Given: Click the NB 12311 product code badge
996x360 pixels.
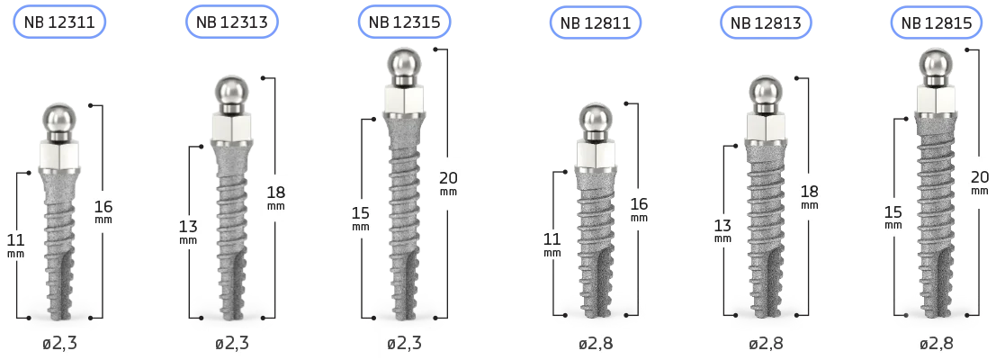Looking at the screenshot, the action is (x=59, y=22).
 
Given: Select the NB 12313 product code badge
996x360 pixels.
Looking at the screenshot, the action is (x=232, y=22).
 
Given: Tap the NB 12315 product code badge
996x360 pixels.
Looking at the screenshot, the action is (x=404, y=22).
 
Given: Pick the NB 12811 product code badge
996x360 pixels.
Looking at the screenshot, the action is (x=596, y=22).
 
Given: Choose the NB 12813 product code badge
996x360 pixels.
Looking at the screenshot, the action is (x=766, y=22).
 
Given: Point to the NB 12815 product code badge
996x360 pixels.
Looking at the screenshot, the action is (x=937, y=22).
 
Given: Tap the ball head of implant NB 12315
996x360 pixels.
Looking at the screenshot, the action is (x=404, y=65).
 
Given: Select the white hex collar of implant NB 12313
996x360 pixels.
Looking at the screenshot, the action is (x=231, y=127).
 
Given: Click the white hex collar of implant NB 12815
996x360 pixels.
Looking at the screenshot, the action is (x=936, y=99).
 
